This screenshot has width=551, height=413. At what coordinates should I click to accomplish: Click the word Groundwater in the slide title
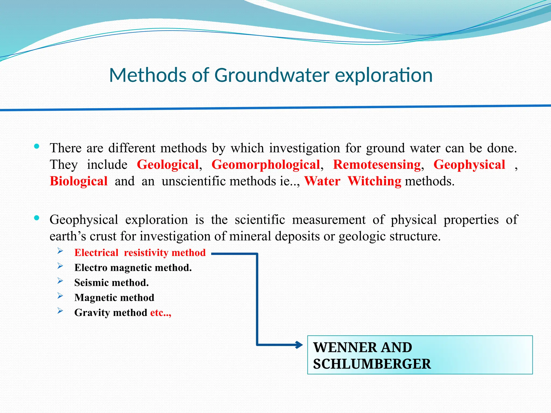point(272,75)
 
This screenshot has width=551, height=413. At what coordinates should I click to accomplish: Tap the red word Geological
point(168,165)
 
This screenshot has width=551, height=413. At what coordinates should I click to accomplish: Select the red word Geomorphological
point(266,165)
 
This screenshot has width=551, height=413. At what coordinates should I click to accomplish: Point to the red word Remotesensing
point(377,165)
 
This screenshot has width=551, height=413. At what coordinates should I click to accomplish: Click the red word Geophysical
point(469,165)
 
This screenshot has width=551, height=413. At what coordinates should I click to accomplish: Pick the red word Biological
point(79,181)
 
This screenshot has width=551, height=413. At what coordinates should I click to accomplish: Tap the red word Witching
point(374,181)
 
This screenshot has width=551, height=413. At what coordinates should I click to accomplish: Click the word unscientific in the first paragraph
point(195,181)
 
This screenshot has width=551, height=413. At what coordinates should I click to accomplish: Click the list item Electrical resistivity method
point(140,253)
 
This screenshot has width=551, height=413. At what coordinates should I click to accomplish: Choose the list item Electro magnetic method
point(133,268)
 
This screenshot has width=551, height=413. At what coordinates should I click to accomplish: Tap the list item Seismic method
point(111,283)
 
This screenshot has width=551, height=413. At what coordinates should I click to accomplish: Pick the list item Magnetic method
point(114,298)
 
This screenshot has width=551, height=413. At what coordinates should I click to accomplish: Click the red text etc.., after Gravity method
point(161,313)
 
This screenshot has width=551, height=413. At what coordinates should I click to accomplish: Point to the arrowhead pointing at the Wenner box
point(299,345)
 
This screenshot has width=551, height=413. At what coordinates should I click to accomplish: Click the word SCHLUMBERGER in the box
point(372,364)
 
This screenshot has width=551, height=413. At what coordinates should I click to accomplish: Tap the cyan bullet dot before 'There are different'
point(37,147)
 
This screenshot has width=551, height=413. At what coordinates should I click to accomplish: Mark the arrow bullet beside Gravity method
point(60,311)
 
